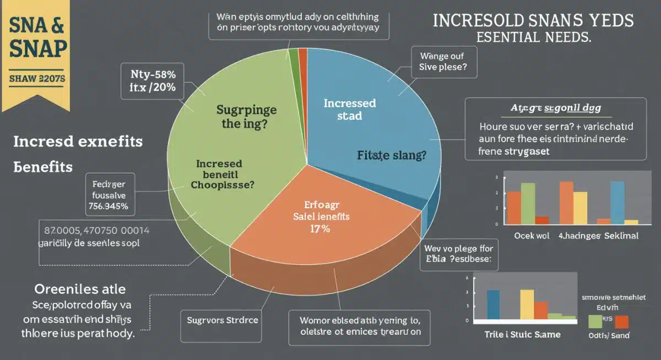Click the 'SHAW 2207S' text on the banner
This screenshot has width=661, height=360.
pos(37,79)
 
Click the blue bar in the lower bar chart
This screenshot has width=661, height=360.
pos(494,304)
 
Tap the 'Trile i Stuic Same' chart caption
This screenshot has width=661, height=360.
pos(522,334)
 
